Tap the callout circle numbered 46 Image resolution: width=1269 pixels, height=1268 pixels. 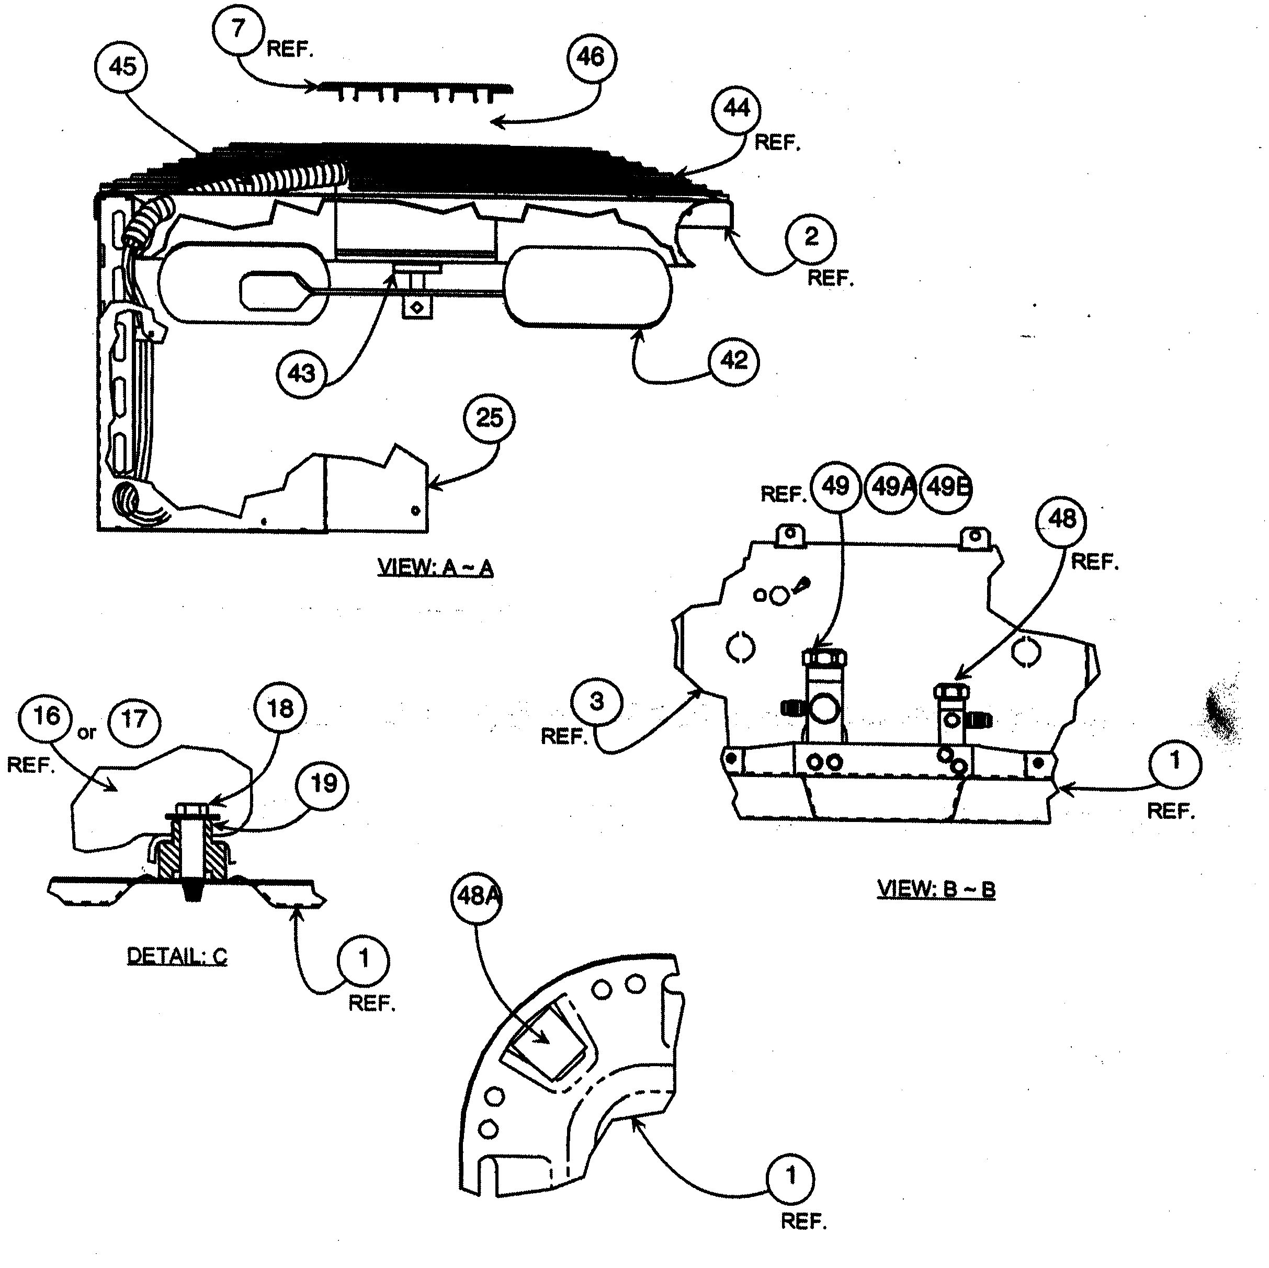[590, 57]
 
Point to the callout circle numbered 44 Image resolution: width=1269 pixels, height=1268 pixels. [735, 108]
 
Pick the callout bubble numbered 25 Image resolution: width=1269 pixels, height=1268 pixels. [489, 418]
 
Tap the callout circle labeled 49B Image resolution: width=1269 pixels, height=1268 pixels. [946, 487]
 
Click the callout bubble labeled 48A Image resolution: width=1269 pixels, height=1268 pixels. [475, 896]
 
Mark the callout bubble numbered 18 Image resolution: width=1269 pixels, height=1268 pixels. [280, 709]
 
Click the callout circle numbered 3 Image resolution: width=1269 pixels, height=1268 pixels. [596, 701]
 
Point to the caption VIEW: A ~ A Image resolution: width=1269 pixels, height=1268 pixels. [435, 567]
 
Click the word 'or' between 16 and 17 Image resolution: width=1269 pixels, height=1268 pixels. [87, 733]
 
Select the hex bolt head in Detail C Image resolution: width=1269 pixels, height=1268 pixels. [192, 809]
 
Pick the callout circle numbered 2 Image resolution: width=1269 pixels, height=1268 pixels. [811, 237]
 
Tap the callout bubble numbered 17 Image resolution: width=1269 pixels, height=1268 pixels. [134, 719]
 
